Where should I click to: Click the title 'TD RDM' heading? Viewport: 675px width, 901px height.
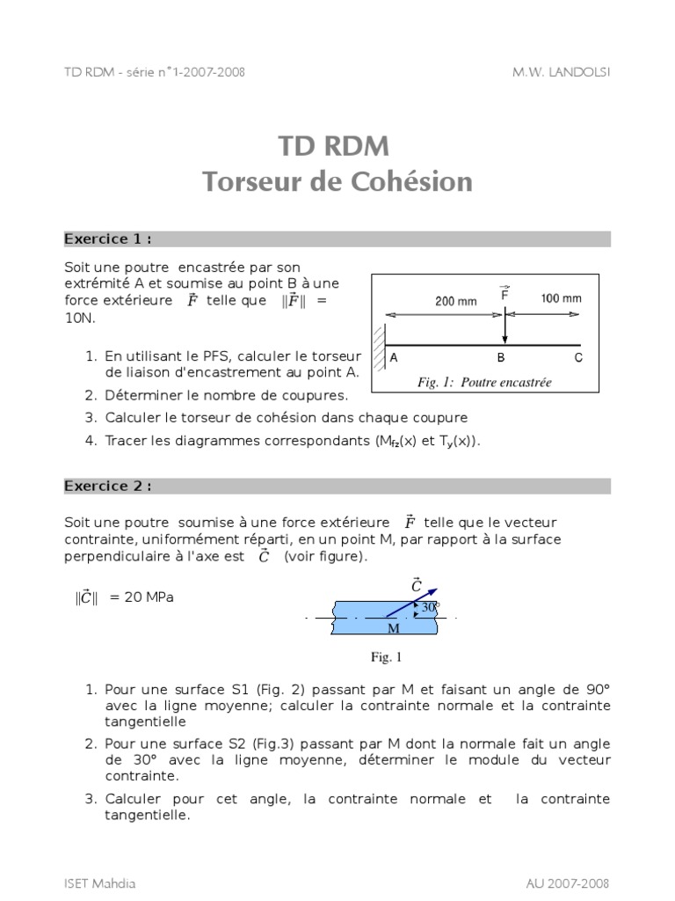[337, 145]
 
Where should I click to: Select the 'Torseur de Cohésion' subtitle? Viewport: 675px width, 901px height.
[337, 181]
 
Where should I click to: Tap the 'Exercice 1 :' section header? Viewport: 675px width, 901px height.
[107, 238]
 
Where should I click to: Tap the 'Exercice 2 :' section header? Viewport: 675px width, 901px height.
[107, 486]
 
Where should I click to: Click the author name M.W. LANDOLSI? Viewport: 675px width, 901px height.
[561, 71]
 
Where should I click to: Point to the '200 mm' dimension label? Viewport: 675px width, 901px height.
[456, 301]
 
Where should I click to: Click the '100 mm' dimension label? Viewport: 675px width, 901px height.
[560, 298]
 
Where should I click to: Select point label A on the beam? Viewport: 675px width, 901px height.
[394, 357]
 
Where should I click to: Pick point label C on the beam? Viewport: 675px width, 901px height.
[577, 357]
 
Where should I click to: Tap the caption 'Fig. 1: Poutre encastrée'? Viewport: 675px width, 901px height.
[483, 382]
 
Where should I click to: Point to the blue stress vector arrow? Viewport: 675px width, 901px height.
[412, 604]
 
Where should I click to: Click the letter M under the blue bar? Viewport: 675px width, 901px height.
[393, 629]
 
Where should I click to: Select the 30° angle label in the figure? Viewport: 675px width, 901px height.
[428, 607]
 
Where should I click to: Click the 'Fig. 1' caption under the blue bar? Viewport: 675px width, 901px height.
[386, 656]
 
